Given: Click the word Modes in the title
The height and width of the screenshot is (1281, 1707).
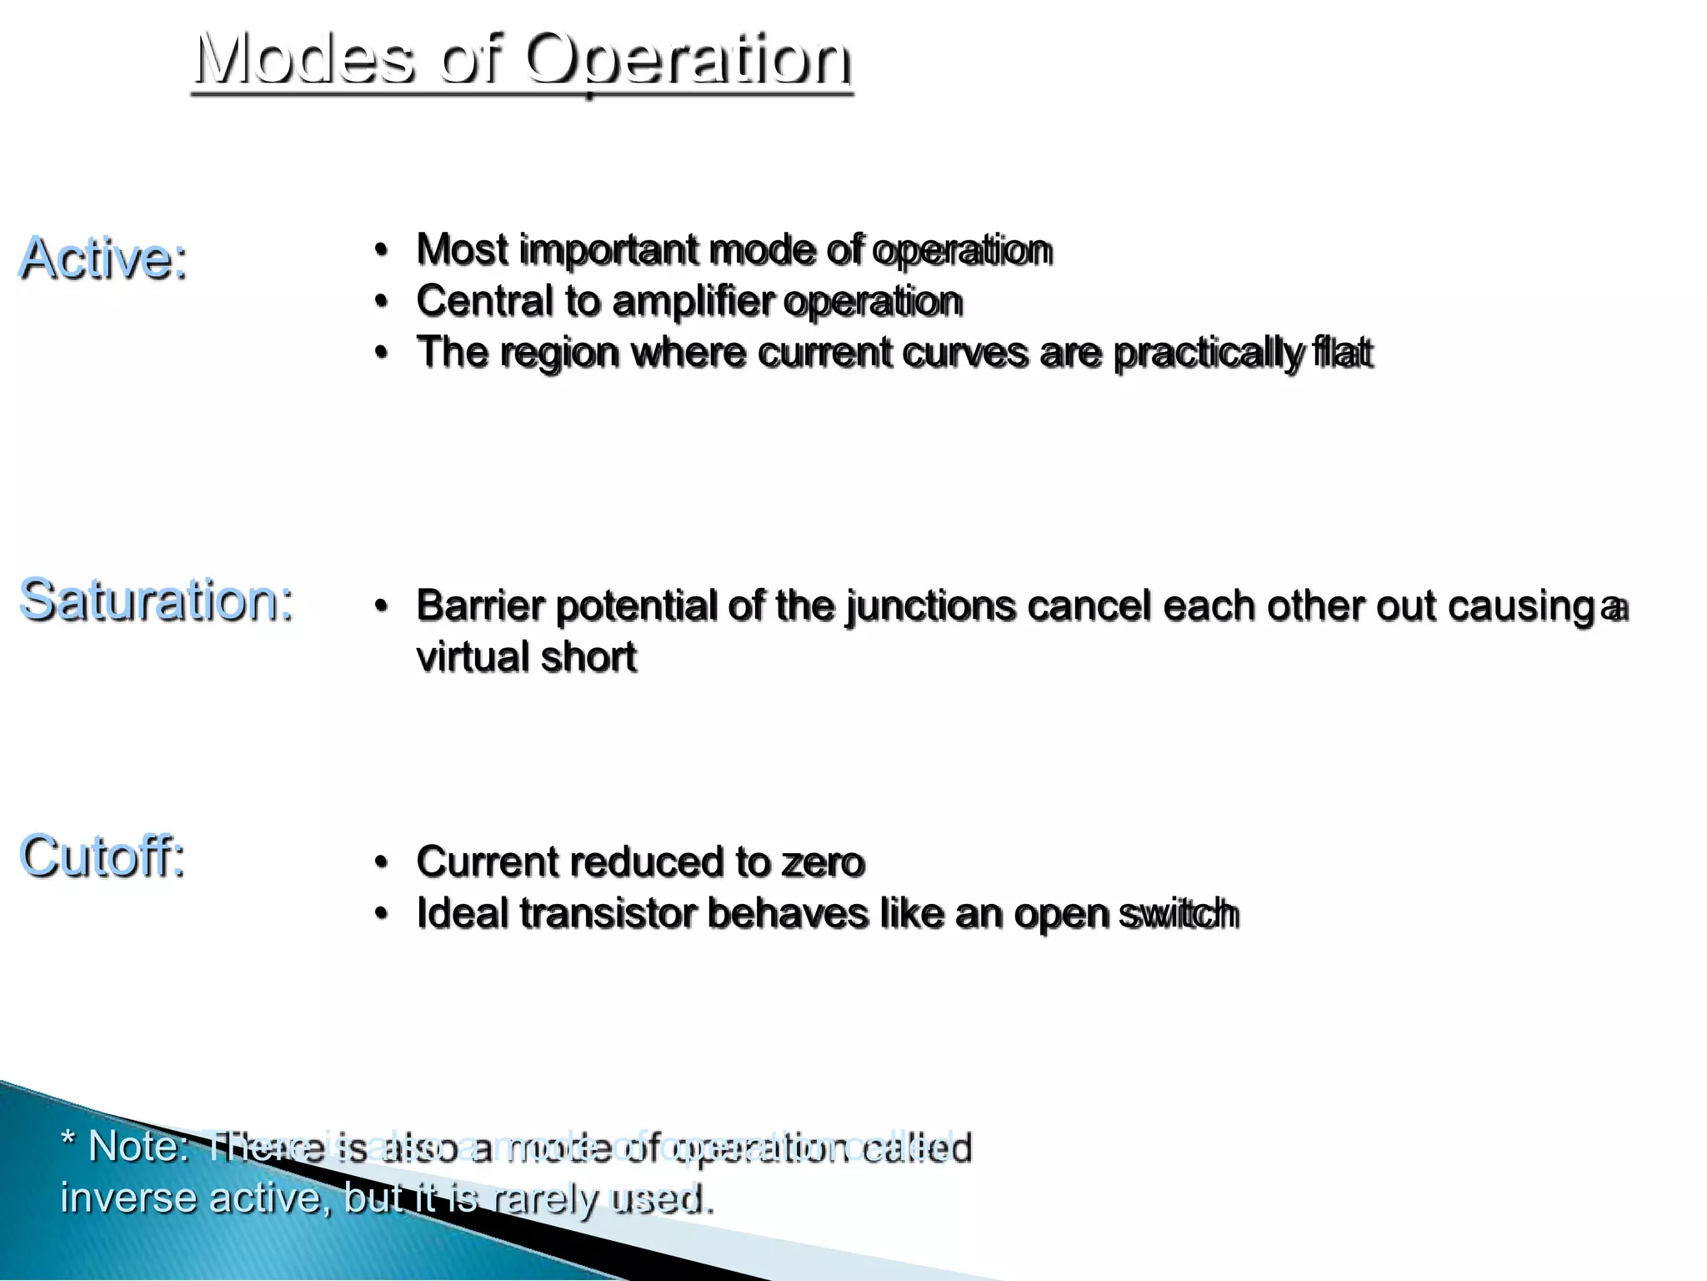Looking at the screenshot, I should tap(304, 60).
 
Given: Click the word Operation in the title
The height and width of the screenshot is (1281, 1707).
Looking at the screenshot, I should tap(688, 60).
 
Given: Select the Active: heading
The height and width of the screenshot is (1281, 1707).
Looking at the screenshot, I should tap(103, 258).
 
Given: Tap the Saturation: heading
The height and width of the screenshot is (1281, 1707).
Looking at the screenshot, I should tap(157, 600).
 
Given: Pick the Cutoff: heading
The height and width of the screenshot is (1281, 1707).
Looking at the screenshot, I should tap(102, 857).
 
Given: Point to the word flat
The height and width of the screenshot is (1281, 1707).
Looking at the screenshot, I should tap(1341, 352).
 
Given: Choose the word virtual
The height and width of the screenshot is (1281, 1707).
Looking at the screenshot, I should tap(472, 657).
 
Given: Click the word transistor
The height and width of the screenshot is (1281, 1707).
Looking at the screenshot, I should tap(608, 913).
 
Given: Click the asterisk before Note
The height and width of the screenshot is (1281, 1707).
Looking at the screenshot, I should tap(68, 1139).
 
